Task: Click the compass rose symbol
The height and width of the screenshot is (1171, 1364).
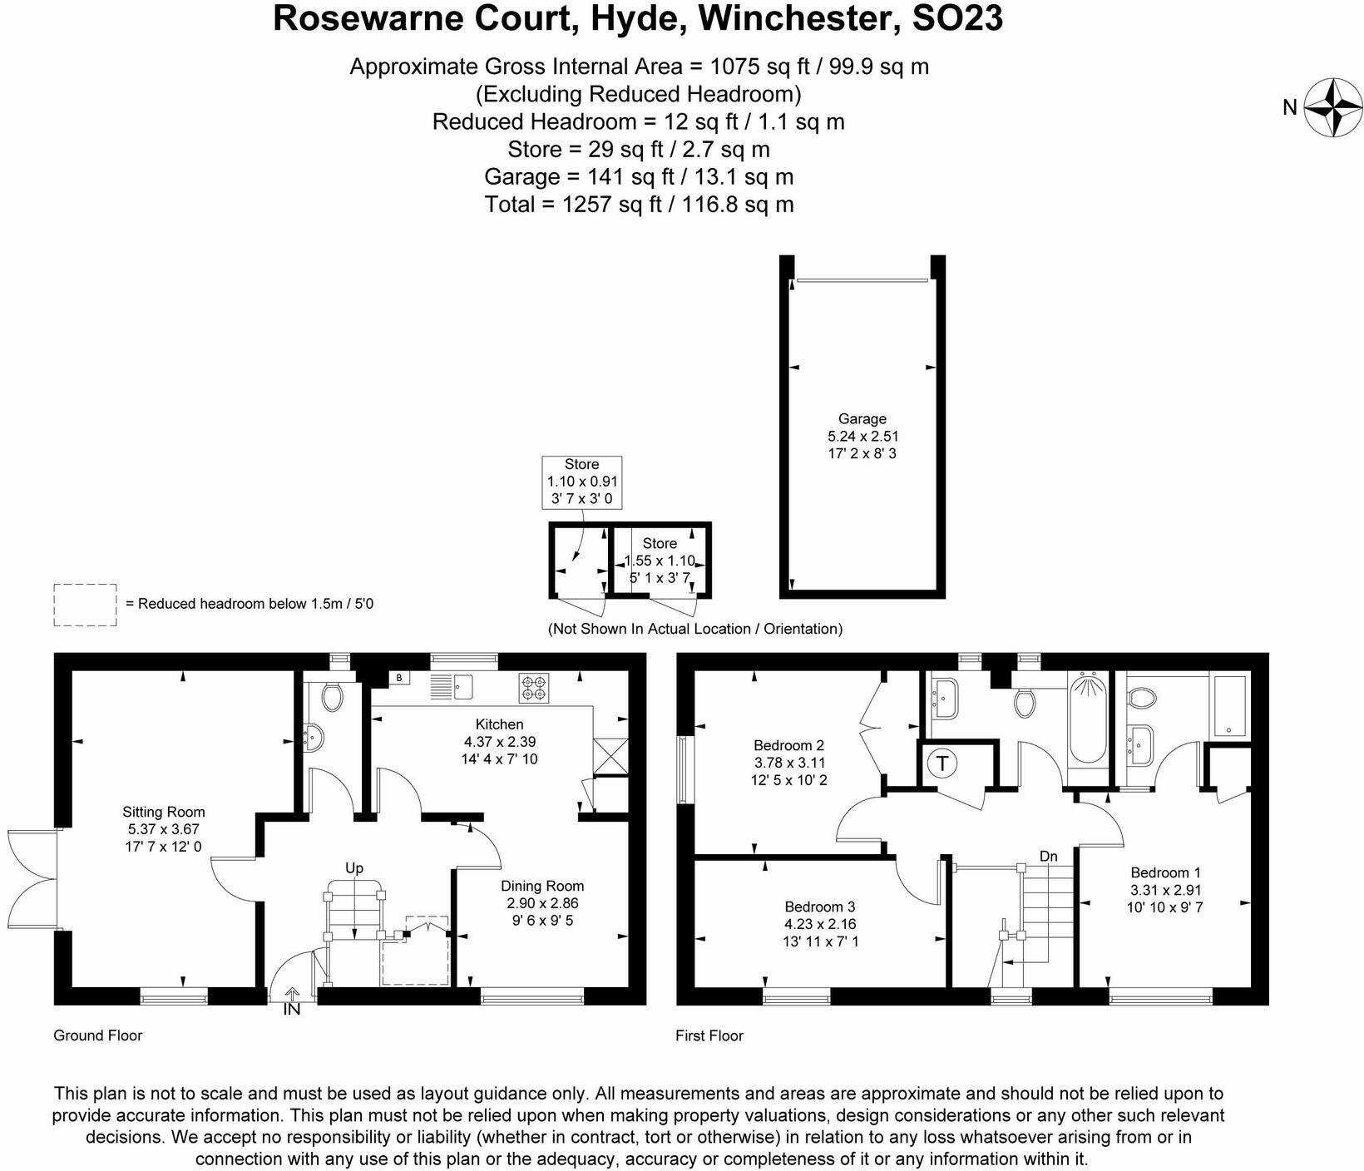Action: point(1333,107)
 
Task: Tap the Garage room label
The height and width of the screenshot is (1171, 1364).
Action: point(862,419)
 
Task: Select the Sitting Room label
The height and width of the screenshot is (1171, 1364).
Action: point(163,812)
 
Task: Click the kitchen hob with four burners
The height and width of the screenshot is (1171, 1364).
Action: point(532,687)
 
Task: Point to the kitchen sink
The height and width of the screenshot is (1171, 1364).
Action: point(452,686)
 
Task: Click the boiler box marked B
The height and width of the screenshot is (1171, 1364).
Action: point(398,678)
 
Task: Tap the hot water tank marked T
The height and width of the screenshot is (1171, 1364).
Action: point(941,763)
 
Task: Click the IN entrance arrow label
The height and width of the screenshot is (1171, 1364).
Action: point(292,1010)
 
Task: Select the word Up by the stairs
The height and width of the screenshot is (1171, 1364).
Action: point(354,868)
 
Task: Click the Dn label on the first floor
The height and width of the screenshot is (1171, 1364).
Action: point(1048,856)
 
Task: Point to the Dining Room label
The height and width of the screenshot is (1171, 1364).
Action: point(541,886)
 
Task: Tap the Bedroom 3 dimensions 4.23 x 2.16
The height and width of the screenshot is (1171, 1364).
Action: point(819,924)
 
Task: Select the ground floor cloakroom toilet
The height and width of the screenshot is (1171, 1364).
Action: point(332,697)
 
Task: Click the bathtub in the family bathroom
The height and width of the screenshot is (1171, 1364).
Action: point(1086,719)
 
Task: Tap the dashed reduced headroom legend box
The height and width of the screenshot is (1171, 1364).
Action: point(85,605)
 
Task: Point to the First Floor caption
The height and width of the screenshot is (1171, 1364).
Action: point(709,1035)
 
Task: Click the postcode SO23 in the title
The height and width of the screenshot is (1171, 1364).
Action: point(957,18)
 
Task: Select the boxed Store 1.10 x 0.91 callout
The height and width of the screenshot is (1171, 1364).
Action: point(581,482)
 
